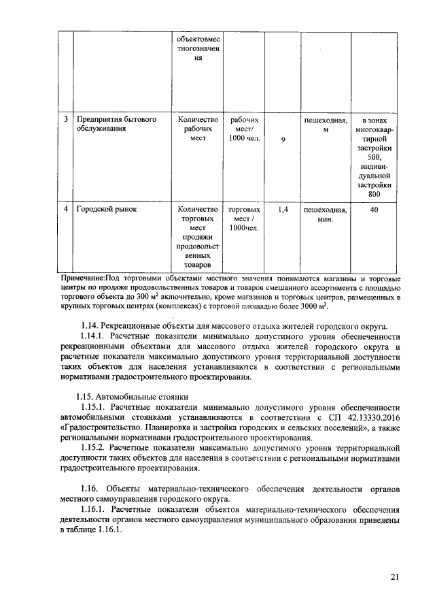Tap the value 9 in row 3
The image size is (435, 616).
pos(283,140)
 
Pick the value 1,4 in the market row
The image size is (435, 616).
pos(284,210)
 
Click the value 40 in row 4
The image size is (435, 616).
pos(374,210)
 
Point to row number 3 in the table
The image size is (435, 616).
pos(65,119)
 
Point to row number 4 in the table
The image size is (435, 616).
pos(65,210)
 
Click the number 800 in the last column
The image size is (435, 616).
pos(374,194)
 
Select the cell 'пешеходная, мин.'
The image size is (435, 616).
pos(325,214)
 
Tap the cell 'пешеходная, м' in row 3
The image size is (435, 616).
pos(325,124)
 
